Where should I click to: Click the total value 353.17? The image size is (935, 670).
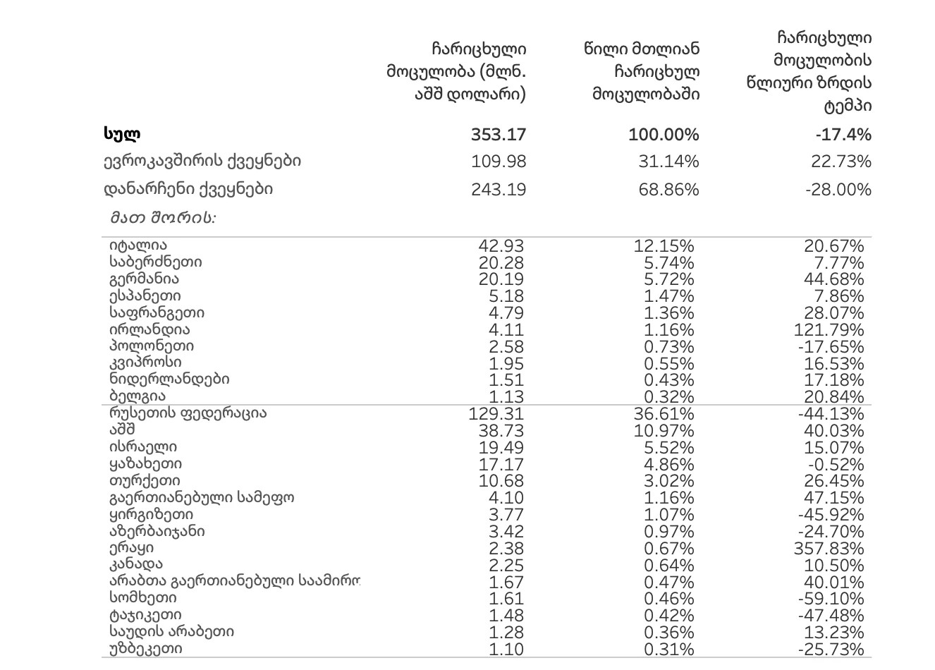tap(498, 135)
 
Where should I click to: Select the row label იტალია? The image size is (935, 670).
tap(138, 245)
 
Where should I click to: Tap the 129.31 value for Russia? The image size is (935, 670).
tap(496, 414)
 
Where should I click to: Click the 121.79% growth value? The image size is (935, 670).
tap(833, 330)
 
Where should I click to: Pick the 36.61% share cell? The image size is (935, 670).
tap(664, 414)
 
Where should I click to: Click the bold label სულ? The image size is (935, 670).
tap(122, 134)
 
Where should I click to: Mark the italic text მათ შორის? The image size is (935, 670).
tap(163, 218)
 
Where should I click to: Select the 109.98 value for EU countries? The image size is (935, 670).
tap(499, 162)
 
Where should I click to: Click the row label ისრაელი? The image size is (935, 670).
tap(143, 447)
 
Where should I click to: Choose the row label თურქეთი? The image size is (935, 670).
tap(145, 481)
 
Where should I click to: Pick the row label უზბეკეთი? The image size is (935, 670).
tap(146, 649)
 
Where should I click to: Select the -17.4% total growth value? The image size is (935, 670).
tap(843, 135)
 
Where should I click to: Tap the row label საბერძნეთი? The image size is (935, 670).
tap(156, 262)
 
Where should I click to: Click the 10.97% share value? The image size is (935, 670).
tap(664, 431)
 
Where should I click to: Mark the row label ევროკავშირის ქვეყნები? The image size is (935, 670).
tap(202, 162)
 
